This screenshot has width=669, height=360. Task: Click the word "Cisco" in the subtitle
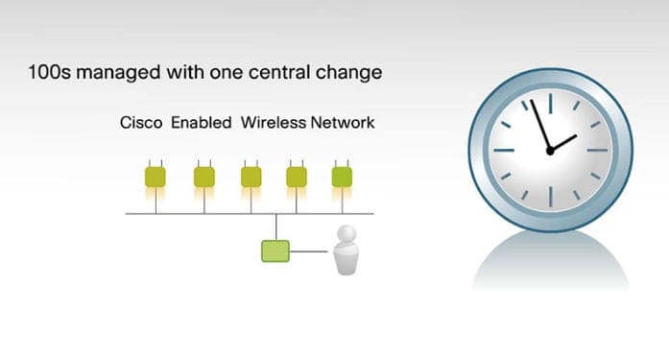141,123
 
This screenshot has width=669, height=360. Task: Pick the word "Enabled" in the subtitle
202,123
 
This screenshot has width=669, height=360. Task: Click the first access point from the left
155,177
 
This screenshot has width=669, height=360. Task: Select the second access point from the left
203,177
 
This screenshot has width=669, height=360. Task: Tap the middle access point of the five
251,177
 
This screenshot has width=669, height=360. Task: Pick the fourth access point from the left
297,177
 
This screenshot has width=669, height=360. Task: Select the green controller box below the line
275,252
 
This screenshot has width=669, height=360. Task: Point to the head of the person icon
345,235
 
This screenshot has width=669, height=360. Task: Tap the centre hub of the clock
550,150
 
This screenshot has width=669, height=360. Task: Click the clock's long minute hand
540,123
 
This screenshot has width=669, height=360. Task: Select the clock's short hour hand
563,142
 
